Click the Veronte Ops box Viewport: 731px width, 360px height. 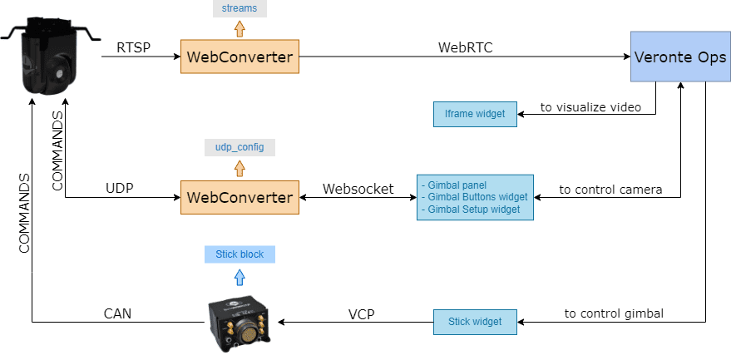click(x=679, y=57)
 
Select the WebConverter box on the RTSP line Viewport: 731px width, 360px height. click(x=240, y=57)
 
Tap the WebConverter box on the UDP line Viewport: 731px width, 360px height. click(x=240, y=197)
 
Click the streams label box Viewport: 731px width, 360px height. click(x=240, y=9)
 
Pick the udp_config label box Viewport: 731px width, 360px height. click(x=240, y=147)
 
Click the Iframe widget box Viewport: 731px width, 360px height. click(x=475, y=114)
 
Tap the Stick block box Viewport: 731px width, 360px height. click(x=240, y=254)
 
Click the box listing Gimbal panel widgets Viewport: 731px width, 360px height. click(x=474, y=197)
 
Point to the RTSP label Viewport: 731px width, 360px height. click(x=135, y=48)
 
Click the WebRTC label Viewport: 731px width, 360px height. click(x=466, y=47)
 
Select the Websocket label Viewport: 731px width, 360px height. click(x=358, y=189)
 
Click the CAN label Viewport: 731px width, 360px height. click(x=117, y=313)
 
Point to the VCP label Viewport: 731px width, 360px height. click(x=361, y=313)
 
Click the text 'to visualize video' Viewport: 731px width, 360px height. click(x=590, y=107)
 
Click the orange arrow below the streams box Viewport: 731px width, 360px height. click(x=240, y=28)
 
